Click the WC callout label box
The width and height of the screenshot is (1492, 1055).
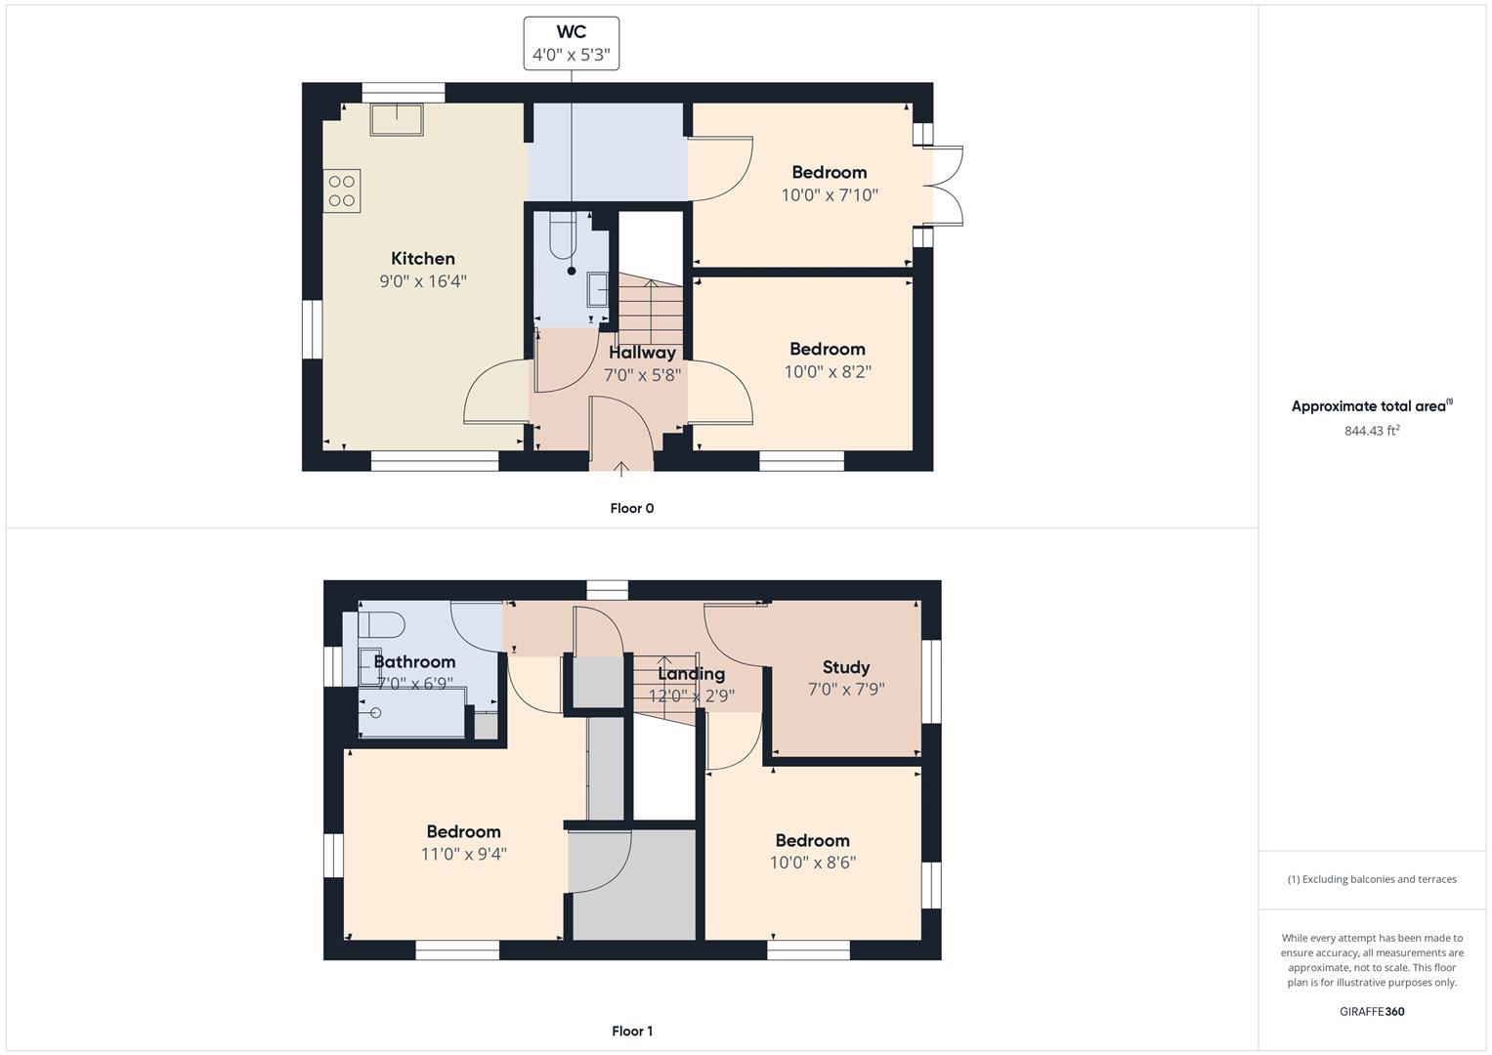point(572,43)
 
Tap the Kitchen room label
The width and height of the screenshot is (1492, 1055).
point(423,259)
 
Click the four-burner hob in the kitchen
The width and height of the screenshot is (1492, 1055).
point(342,191)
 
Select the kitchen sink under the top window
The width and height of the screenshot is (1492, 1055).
point(397,120)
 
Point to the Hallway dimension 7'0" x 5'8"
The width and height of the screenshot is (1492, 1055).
point(642,375)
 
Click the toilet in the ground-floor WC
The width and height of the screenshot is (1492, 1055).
point(563,235)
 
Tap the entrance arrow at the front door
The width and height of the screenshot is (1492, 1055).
point(620,469)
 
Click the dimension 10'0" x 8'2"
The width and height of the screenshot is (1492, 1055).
point(828,371)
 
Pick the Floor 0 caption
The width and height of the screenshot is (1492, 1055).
point(632,508)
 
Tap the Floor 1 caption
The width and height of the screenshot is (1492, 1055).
point(632,1031)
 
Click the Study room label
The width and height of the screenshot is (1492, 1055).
point(846,667)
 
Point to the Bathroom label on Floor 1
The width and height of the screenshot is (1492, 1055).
point(414,661)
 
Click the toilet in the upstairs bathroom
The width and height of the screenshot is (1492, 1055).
point(382,625)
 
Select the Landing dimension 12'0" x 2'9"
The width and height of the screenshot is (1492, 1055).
point(692,696)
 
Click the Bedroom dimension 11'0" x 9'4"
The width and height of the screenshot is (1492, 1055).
point(463,854)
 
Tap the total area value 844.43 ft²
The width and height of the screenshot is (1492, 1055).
point(1372,430)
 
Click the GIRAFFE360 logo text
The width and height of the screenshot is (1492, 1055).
point(1372,1011)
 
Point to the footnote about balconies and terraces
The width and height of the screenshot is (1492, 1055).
point(1372,879)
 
